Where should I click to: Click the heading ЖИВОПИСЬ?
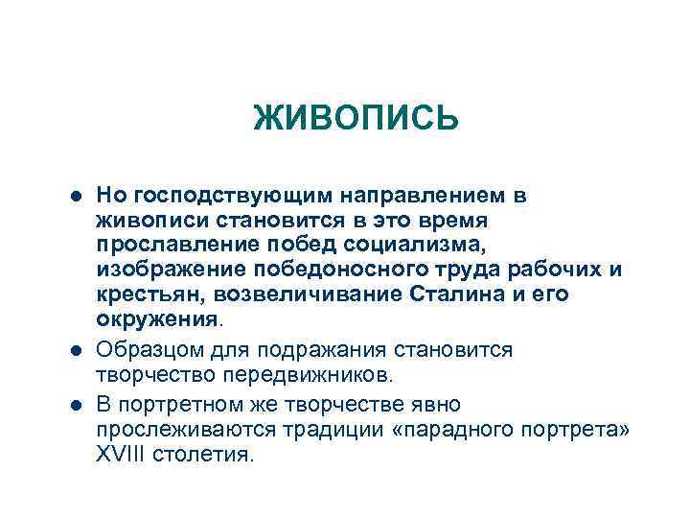click(356, 120)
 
